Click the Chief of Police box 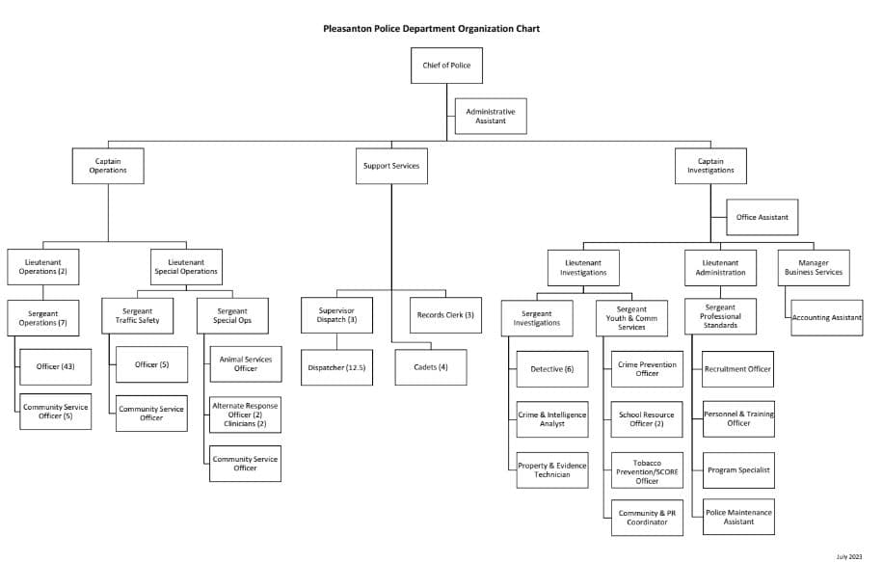[446, 66]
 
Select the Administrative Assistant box [491, 116]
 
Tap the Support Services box [391, 166]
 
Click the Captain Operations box [108, 166]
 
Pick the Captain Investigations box [710, 165]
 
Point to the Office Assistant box [762, 217]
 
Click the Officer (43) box [55, 366]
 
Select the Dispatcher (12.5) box [337, 367]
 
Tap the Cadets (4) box [430, 367]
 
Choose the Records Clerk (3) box [445, 315]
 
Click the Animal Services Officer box [246, 363]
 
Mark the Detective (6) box [552, 369]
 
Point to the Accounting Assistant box [827, 317]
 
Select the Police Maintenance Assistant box [738, 517]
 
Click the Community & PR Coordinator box [647, 518]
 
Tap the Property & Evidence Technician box [552, 469]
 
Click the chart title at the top [431, 29]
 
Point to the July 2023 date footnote [849, 556]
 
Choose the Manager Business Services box [815, 267]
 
